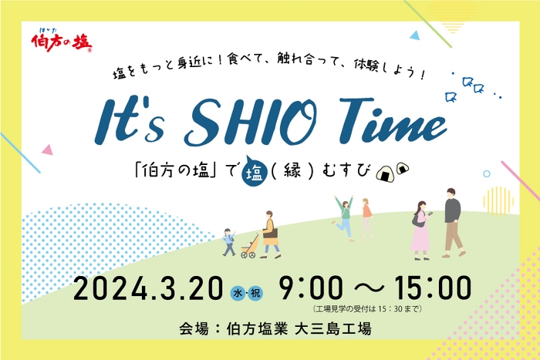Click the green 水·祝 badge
click(x=247, y=292)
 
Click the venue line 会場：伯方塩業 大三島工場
click(x=274, y=329)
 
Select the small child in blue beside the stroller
click(x=229, y=241)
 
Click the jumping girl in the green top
click(x=344, y=217)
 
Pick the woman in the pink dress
click(x=420, y=229)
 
